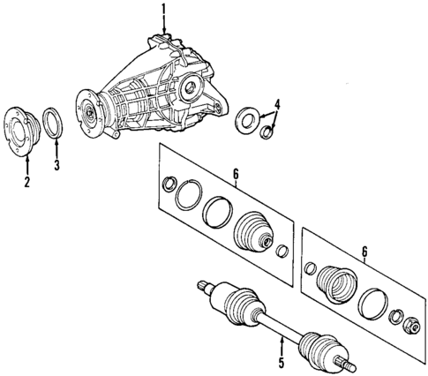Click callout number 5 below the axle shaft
(282, 361)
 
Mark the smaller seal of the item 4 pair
(265, 132)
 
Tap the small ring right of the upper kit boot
(282, 253)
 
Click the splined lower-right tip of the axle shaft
(349, 365)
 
